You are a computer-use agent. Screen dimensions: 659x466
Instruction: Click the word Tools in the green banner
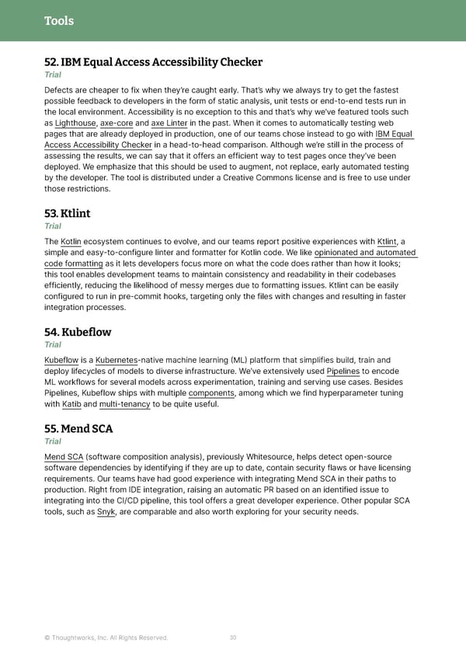point(59,21)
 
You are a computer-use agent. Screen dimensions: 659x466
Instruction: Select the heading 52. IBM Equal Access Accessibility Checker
point(153,62)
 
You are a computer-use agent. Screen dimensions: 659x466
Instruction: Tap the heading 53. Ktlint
point(68,213)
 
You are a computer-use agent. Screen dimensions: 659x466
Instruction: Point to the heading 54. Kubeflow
point(78,332)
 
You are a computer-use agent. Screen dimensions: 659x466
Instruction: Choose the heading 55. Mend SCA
point(79,428)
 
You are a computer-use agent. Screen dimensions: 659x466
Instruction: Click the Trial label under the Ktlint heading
point(53,226)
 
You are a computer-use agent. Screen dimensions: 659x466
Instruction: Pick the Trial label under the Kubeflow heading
point(53,345)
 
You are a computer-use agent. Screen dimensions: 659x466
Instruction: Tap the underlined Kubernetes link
point(116,360)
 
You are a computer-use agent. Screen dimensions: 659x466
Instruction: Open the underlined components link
point(211,392)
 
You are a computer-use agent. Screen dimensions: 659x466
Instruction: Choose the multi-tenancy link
point(125,404)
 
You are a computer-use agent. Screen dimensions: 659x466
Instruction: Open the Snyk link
point(106,511)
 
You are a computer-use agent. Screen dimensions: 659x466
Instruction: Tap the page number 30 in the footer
point(233,638)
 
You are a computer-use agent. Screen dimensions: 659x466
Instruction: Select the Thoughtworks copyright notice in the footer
point(106,638)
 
